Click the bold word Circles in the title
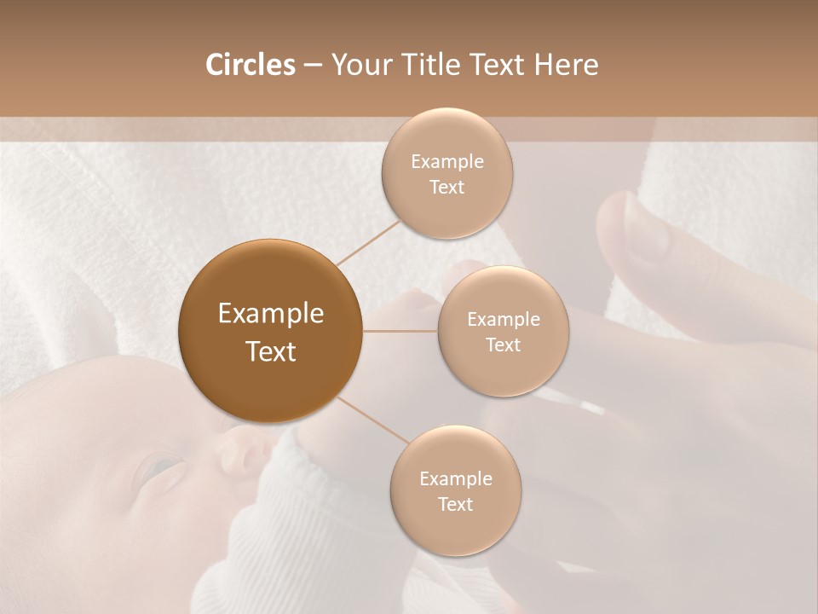pyautogui.click(x=251, y=65)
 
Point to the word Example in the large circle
pyautogui.click(x=271, y=314)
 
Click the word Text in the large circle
pyautogui.click(x=271, y=351)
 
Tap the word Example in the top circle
pyautogui.click(x=447, y=162)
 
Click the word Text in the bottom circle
pyautogui.click(x=455, y=505)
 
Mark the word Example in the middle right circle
pyautogui.click(x=504, y=320)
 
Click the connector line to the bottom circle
pyautogui.click(x=372, y=420)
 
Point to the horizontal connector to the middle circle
pyautogui.click(x=400, y=331)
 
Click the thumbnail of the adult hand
pyautogui.click(x=639, y=226)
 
